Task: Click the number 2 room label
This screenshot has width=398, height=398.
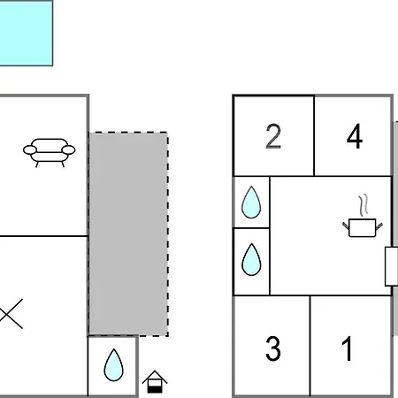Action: [x=273, y=136]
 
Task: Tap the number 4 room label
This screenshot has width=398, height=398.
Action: [x=355, y=136]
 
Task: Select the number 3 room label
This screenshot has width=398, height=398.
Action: [x=273, y=348]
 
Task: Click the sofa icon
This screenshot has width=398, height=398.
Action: [x=50, y=152]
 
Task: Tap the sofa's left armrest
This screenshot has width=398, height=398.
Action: [x=30, y=149]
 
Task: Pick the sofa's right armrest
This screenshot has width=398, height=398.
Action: [x=68, y=149]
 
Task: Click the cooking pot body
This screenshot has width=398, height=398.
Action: [x=362, y=227]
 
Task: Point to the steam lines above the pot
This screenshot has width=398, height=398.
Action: [x=364, y=204]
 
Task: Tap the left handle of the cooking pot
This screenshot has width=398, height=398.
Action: [x=346, y=226]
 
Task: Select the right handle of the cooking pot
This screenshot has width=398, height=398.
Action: [x=379, y=226]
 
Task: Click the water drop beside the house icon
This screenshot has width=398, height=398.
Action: [x=113, y=365]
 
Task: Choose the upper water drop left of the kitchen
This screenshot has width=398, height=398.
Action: [x=251, y=203]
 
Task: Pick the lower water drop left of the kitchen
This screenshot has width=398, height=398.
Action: [x=251, y=259]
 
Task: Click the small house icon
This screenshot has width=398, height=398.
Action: [x=155, y=381]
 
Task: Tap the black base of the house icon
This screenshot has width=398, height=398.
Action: [x=155, y=389]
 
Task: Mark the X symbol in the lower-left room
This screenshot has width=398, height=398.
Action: [x=11, y=314]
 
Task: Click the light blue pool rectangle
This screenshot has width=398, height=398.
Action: [x=27, y=33]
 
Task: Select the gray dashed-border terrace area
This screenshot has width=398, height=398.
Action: [x=128, y=234]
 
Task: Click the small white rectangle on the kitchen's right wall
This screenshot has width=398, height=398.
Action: [x=392, y=266]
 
